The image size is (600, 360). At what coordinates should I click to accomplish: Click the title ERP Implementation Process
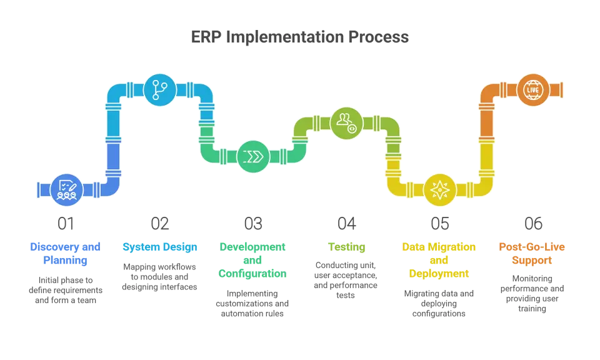pyautogui.click(x=300, y=37)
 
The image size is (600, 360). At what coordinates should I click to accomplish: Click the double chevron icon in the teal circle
pyautogui.click(x=252, y=156)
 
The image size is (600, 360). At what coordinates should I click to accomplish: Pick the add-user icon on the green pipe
pyautogui.click(x=346, y=122)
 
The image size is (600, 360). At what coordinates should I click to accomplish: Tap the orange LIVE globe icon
pyautogui.click(x=532, y=89)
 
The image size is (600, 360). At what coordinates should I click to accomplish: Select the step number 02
pyautogui.click(x=160, y=222)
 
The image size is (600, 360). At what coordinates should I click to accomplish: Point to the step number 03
pyautogui.click(x=253, y=222)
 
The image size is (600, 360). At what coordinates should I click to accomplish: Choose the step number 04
pyautogui.click(x=346, y=222)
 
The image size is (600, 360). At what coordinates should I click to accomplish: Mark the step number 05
pyautogui.click(x=439, y=222)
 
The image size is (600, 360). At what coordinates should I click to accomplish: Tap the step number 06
pyautogui.click(x=533, y=222)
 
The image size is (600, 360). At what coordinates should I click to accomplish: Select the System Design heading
pyautogui.click(x=160, y=247)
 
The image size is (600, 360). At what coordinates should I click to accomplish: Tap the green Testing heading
pyautogui.click(x=346, y=247)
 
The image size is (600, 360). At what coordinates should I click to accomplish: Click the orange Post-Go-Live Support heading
pyautogui.click(x=532, y=253)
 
